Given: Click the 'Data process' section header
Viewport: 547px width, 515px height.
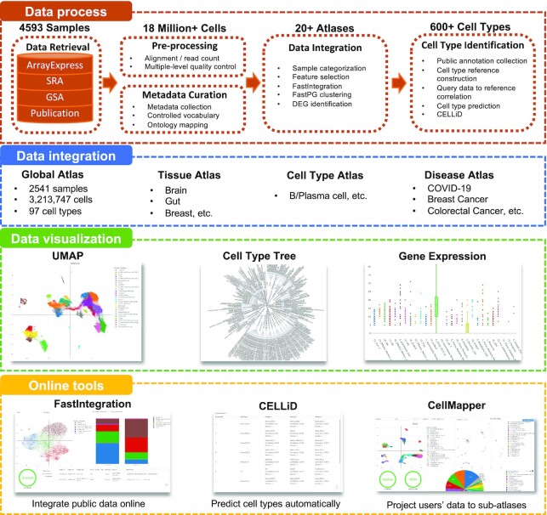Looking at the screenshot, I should (x=53, y=14).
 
